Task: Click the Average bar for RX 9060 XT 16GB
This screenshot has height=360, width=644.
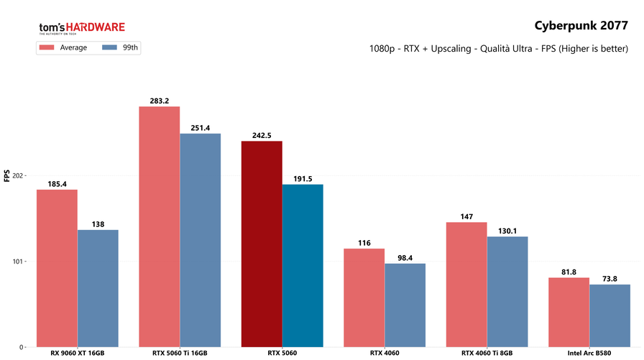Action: pyautogui.click(x=57, y=267)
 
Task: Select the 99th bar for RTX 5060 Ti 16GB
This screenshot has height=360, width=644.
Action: pyautogui.click(x=201, y=239)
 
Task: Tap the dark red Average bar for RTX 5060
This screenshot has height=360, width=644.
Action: pyautogui.click(x=262, y=243)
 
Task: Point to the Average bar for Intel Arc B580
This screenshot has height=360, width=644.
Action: pyautogui.click(x=569, y=312)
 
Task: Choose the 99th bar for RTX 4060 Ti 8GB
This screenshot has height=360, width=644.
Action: pyautogui.click(x=507, y=291)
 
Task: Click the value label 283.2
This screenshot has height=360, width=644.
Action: pyautogui.click(x=159, y=101)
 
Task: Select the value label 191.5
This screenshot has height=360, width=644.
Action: pyautogui.click(x=303, y=179)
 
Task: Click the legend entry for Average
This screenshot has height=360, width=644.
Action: pyautogui.click(x=64, y=47)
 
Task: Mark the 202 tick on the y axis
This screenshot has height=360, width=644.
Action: pyautogui.click(x=18, y=175)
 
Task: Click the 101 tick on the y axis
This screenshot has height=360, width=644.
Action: pyautogui.click(x=18, y=261)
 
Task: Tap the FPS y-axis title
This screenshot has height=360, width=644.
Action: pyautogui.click(x=6, y=175)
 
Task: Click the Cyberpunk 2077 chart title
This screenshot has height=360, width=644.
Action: pyautogui.click(x=581, y=26)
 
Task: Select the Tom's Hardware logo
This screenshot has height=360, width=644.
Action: pyautogui.click(x=81, y=28)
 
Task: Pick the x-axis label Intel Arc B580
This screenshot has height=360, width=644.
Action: pyautogui.click(x=589, y=353)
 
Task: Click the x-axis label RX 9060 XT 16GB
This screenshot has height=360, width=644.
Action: pyautogui.click(x=78, y=353)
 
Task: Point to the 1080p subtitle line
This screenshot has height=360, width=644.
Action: pyautogui.click(x=499, y=50)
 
